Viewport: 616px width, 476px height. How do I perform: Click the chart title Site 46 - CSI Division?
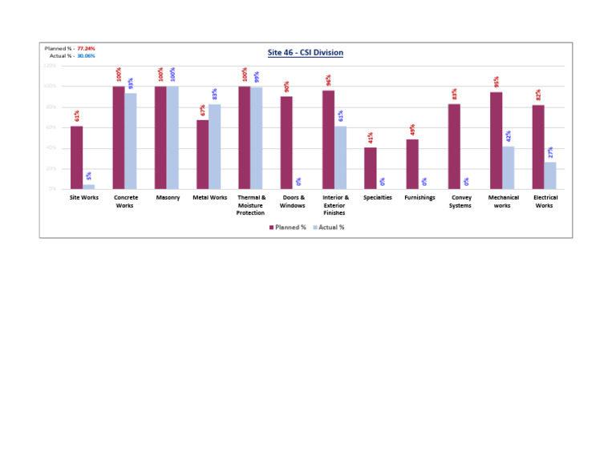pos(305,53)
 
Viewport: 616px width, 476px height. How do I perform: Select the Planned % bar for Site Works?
pos(76,158)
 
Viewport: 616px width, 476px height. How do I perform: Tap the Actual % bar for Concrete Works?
pos(131,141)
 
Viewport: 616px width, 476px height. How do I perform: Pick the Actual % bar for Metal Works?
pos(215,147)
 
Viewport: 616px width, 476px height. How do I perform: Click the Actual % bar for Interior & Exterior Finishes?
pos(341,158)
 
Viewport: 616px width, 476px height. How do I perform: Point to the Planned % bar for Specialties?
pos(370,168)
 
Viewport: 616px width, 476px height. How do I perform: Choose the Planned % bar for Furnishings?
pos(412,164)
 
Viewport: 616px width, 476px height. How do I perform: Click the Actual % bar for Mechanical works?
pos(509,167)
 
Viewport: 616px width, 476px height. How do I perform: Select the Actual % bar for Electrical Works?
pos(550,175)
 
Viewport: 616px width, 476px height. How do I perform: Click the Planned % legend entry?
pos(287,228)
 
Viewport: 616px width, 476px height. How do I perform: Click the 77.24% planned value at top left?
pos(87,49)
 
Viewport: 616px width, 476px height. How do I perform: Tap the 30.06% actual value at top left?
pos(87,56)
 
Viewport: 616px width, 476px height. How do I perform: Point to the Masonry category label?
pos(168,198)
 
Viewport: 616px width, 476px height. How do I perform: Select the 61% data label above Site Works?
pos(77,116)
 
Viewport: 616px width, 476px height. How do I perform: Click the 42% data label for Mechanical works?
pos(509,136)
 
